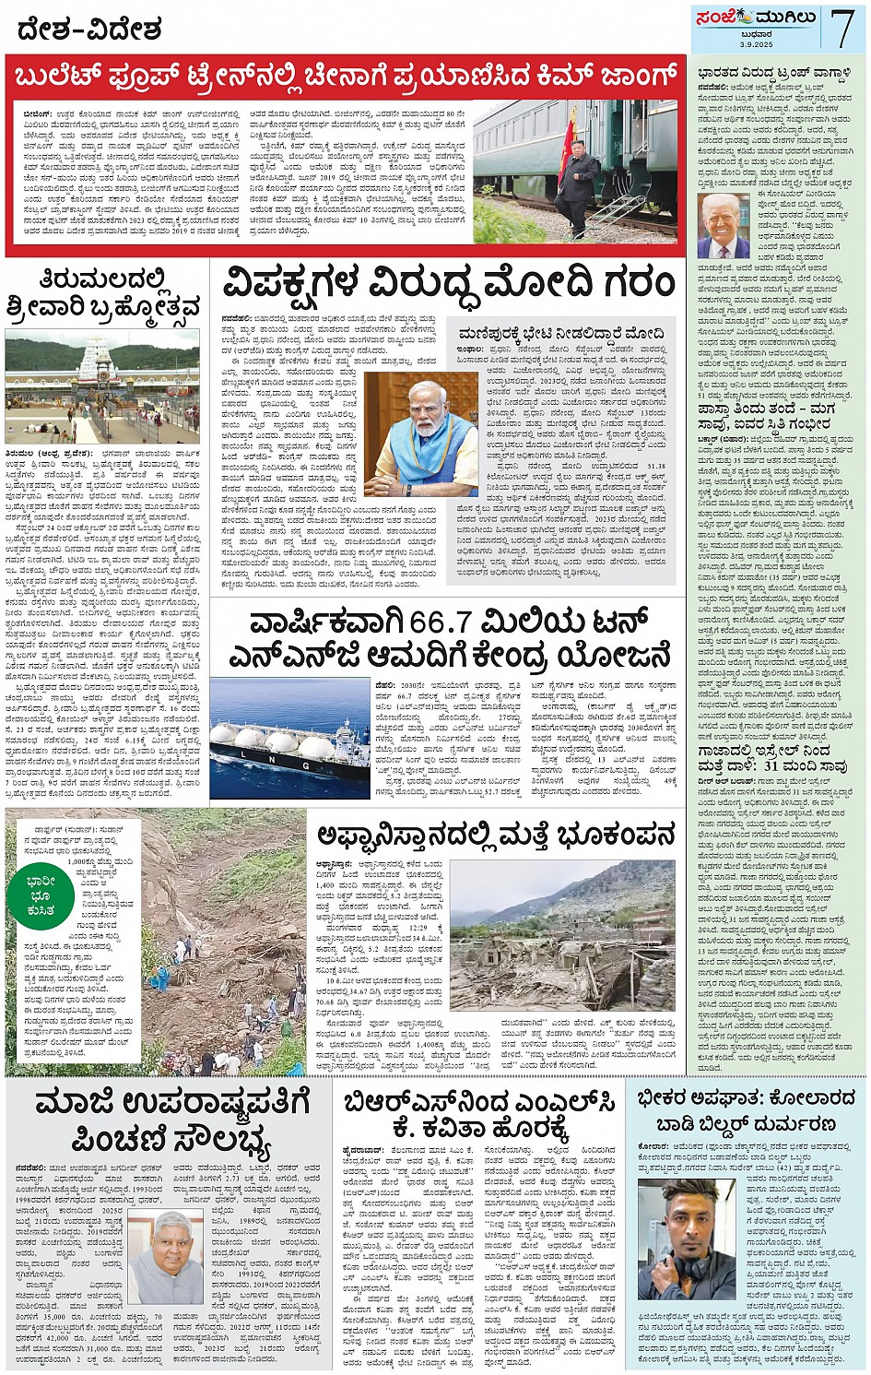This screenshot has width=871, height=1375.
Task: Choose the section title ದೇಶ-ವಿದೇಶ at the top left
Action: [89, 30]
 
